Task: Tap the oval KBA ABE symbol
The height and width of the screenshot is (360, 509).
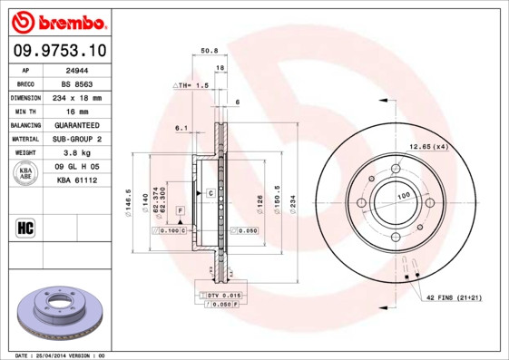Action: pos(26,173)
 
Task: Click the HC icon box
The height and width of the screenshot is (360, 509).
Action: pos(25,226)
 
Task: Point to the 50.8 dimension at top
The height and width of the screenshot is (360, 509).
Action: pos(209,51)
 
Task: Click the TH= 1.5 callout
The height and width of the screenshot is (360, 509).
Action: pos(192,84)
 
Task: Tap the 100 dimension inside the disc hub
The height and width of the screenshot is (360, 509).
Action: pos(399,196)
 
